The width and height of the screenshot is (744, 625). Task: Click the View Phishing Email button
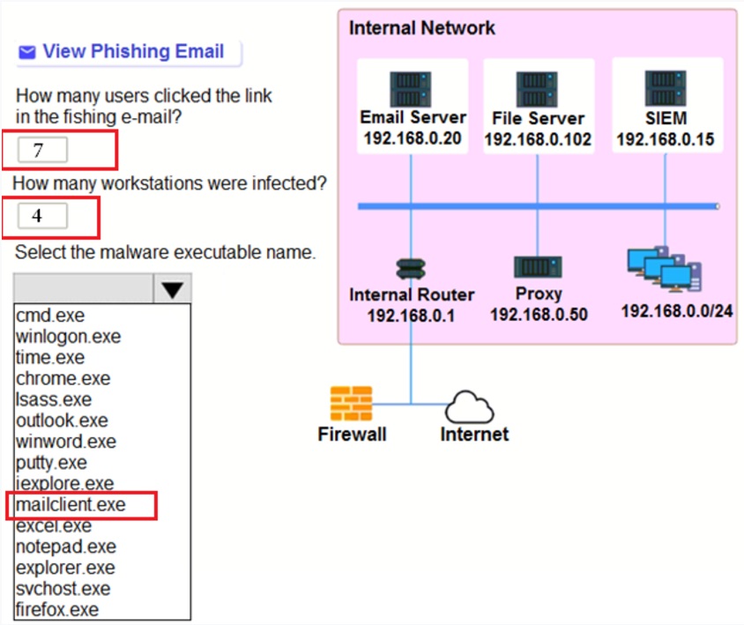pos(128,52)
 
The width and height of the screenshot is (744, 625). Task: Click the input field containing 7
pos(42,150)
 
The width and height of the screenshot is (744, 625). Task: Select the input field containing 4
pos(42,216)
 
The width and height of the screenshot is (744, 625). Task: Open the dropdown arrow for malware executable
pos(173,289)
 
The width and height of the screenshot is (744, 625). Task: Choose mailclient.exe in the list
pos(71,505)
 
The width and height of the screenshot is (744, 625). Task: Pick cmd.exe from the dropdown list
pos(50,316)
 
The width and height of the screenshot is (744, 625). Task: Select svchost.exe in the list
pos(63,589)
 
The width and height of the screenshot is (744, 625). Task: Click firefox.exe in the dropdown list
pos(57,610)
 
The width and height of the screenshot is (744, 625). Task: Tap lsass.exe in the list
pos(54,400)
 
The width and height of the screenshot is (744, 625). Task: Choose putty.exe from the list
pos(52,463)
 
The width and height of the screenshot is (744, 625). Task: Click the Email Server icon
pos(411,89)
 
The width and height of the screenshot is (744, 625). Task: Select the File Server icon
pos(537,89)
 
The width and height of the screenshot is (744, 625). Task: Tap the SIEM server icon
pos(666,88)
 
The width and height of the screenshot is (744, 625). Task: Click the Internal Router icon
pos(411,268)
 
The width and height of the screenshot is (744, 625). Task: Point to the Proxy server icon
pos(538,267)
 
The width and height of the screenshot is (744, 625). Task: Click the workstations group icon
pos(665,270)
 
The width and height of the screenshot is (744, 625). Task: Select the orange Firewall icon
pos(351,404)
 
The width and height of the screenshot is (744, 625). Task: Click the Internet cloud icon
pos(470,408)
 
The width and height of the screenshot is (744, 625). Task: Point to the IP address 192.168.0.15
pos(666,139)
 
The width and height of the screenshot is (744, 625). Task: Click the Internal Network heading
pos(421,27)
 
